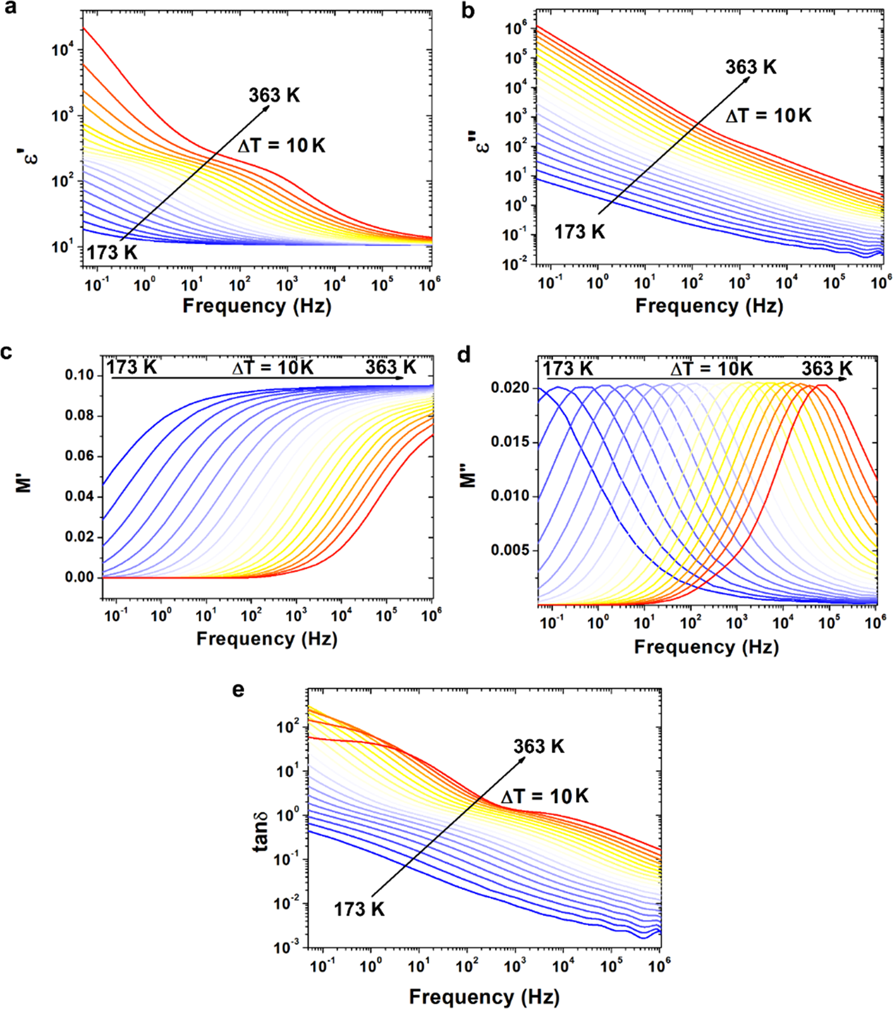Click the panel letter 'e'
(x=238, y=690)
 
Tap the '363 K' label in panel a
(x=274, y=96)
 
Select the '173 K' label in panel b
(x=579, y=232)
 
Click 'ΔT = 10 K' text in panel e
(x=544, y=796)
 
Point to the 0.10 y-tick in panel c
(x=80, y=376)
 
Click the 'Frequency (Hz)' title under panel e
(x=484, y=997)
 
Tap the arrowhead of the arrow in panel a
(x=268, y=107)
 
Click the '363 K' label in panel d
(x=827, y=369)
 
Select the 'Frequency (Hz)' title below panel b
(x=709, y=306)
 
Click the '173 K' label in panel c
(x=131, y=367)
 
